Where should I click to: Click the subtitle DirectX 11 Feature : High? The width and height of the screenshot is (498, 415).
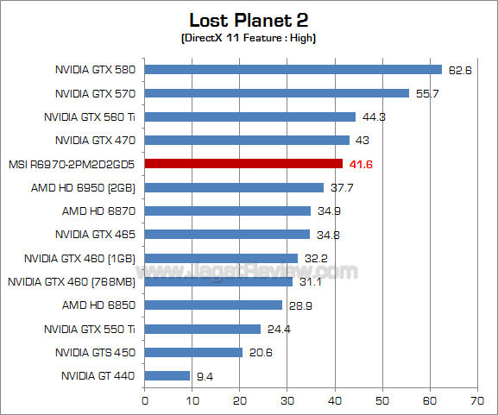[249, 39]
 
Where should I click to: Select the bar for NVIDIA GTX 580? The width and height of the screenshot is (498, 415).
[293, 70]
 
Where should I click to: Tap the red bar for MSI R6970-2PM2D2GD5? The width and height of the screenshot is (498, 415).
[243, 163]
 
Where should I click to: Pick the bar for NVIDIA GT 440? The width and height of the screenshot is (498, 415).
[167, 375]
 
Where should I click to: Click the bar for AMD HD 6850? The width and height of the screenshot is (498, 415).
[213, 305]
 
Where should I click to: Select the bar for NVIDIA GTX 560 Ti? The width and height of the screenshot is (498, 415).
[249, 116]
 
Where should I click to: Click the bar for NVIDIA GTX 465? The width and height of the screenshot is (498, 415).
[227, 234]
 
